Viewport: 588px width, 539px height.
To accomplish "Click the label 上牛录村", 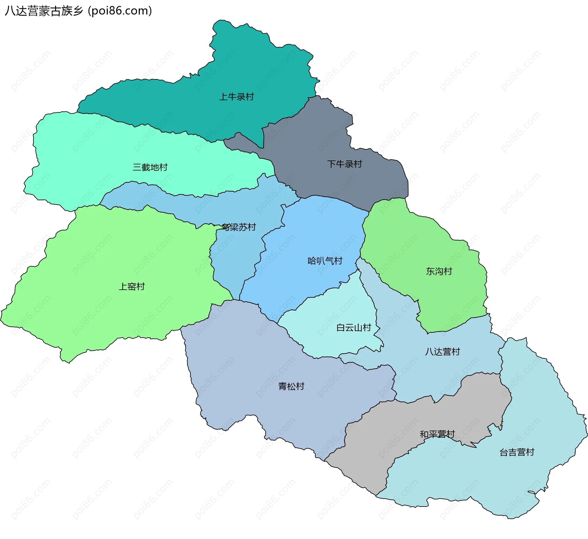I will (236, 97).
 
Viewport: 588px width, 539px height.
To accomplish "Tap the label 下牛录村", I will (345, 164).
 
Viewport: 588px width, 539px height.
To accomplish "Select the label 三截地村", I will (150, 167).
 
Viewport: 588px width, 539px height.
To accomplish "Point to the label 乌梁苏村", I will (239, 227).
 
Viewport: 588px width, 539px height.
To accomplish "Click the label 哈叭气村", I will (325, 261).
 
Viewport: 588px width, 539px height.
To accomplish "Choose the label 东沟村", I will (439, 271).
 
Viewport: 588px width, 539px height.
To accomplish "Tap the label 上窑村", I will (132, 287).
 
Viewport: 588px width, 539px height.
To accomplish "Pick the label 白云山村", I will (354, 328).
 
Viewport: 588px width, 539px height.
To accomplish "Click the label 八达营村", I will (443, 352).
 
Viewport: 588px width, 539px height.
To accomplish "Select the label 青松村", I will (291, 386).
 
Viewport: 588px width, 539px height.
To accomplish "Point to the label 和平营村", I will (437, 434).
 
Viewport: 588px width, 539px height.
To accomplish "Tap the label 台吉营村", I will (517, 452).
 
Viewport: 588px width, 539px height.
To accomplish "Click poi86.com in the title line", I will (120, 11).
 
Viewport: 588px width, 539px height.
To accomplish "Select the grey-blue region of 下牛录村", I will (322, 138).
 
